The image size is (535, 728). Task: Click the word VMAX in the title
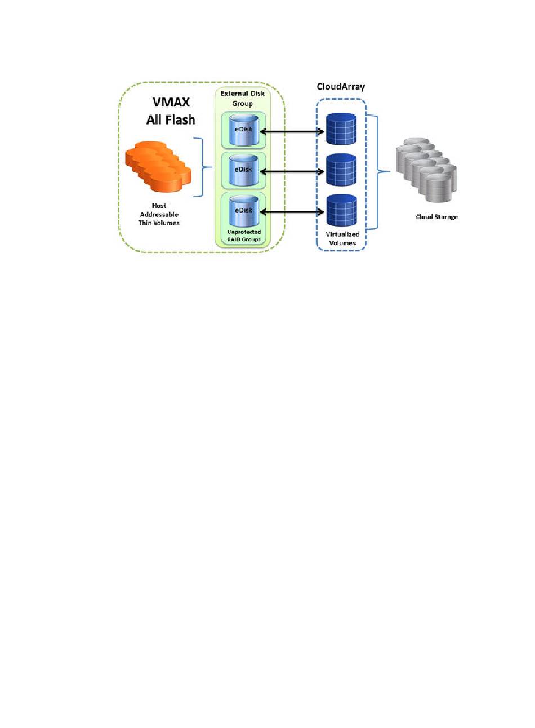click(171, 102)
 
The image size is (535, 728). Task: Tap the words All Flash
click(171, 119)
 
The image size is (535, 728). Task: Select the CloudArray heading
click(341, 86)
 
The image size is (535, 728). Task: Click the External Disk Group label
click(242, 98)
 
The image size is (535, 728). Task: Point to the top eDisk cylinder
click(244, 130)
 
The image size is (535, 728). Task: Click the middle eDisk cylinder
click(244, 170)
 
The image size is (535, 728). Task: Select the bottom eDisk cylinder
click(244, 211)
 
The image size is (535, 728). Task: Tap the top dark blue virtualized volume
click(341, 129)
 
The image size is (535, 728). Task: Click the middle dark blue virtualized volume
click(341, 170)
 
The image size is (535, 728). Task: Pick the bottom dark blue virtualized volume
click(341, 210)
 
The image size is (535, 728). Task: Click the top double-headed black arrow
click(292, 132)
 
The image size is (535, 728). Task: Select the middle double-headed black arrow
click(292, 172)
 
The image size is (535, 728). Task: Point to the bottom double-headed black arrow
click(292, 212)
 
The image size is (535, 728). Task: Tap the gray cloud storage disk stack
click(426, 170)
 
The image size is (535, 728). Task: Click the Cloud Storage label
click(436, 217)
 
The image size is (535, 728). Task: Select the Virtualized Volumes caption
click(342, 238)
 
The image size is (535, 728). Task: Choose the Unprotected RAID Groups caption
click(244, 236)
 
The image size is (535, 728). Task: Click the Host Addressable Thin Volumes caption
click(159, 214)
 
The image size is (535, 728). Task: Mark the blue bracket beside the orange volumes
click(203, 167)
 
